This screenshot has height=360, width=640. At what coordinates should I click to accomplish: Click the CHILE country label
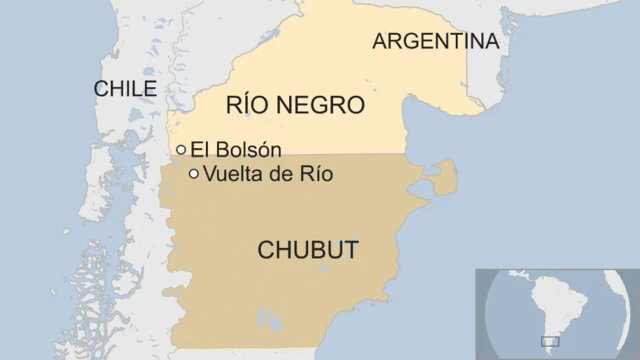pyautogui.click(x=125, y=89)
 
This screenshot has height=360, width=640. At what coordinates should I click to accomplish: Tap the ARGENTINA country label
pyautogui.click(x=435, y=41)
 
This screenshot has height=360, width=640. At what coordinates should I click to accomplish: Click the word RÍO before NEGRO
pyautogui.click(x=250, y=105)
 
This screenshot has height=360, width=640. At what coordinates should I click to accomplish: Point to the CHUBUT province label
pyautogui.click(x=308, y=250)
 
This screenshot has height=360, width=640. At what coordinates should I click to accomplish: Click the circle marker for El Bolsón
pyautogui.click(x=181, y=150)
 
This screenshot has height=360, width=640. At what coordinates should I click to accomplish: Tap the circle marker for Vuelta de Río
pyautogui.click(x=194, y=174)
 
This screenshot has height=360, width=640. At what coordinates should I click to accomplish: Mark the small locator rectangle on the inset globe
pyautogui.click(x=550, y=342)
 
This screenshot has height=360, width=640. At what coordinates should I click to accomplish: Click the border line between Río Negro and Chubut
pyautogui.click(x=300, y=154)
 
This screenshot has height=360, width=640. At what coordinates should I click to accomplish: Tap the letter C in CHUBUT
pyautogui.click(x=267, y=250)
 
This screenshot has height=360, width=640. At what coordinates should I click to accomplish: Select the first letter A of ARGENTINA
pyautogui.click(x=380, y=41)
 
